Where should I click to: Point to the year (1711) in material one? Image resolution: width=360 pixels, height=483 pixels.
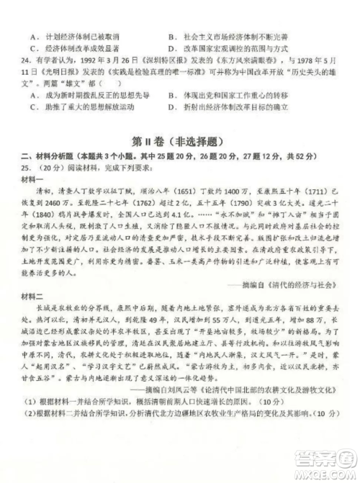tap(312, 192)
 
